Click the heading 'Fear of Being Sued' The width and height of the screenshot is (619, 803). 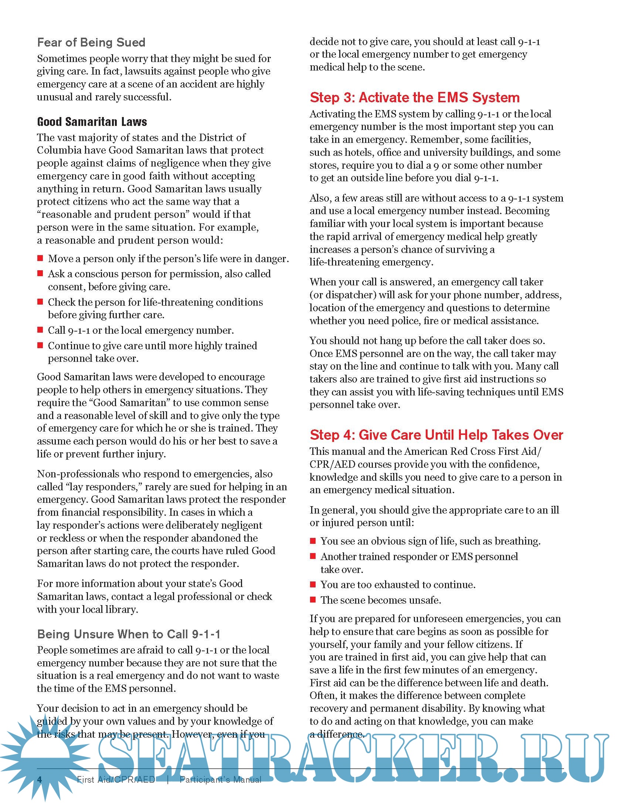[x=91, y=42]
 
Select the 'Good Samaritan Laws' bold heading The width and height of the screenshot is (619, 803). [x=92, y=122]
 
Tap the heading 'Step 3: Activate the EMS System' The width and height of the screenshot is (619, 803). [x=414, y=97]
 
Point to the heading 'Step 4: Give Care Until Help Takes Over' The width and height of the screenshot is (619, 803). [x=436, y=435]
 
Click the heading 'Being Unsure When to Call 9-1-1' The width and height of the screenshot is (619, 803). [x=129, y=634]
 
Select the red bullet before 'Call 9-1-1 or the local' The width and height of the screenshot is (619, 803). [x=40, y=330]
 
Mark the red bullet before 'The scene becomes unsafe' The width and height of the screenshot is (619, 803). [x=313, y=600]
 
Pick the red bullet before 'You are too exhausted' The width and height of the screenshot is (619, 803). [x=313, y=584]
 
